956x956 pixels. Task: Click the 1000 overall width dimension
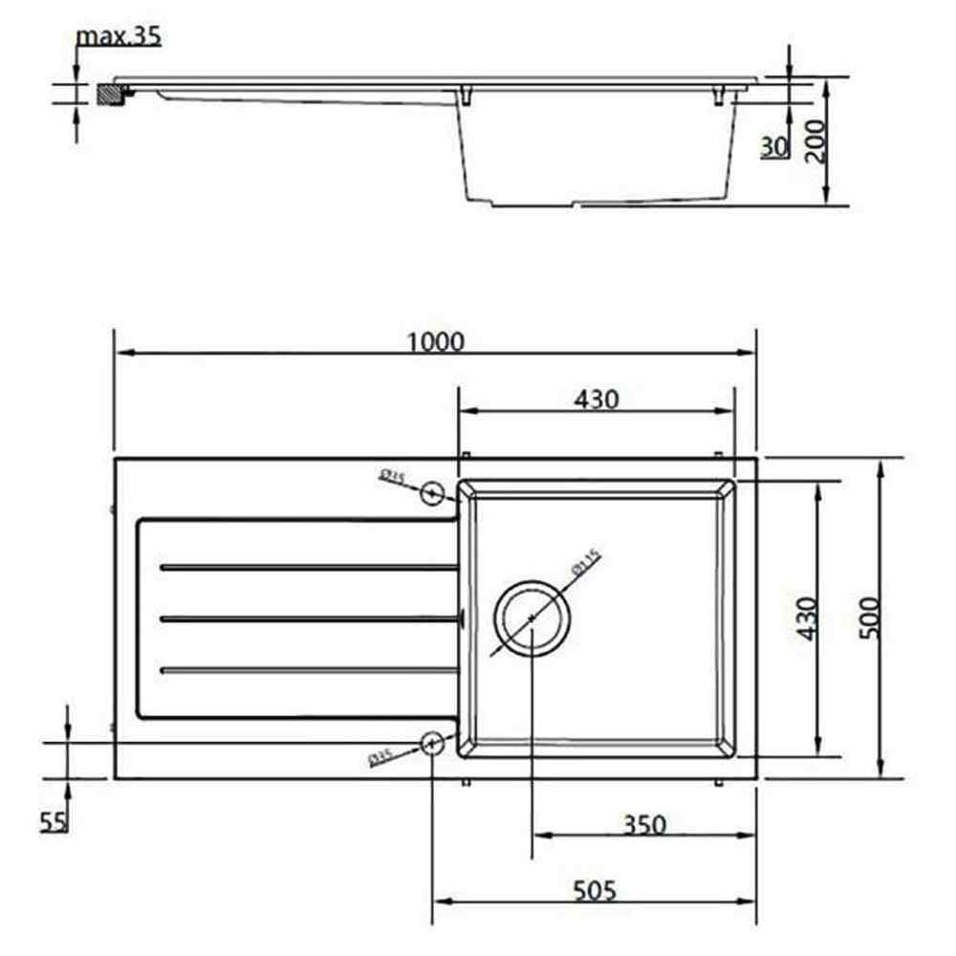[435, 341]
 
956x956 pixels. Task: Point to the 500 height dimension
[867, 619]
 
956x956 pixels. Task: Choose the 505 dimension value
[595, 891]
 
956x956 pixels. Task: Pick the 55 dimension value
[54, 820]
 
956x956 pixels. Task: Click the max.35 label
[119, 36]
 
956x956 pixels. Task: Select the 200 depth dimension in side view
[815, 141]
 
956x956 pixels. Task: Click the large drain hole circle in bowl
[532, 619]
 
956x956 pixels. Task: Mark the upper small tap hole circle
[433, 492]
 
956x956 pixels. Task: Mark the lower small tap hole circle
[431, 743]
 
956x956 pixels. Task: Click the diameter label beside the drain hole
[584, 562]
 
